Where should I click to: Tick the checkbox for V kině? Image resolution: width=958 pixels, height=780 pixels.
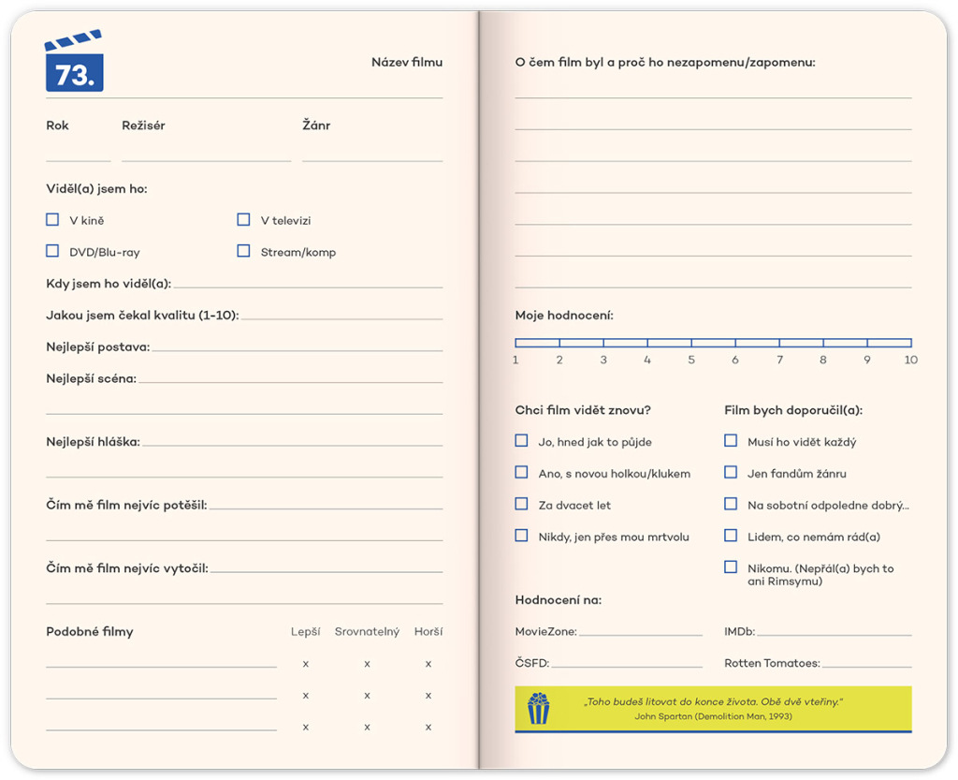coord(52,220)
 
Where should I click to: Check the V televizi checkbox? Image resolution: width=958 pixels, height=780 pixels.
coord(243,220)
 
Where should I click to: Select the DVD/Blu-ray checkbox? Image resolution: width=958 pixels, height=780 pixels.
coord(52,251)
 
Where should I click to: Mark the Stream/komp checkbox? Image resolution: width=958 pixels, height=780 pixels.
coord(243,251)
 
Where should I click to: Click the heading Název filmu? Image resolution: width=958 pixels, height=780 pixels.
coord(406,63)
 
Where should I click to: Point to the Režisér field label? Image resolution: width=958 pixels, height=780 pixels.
coord(143,125)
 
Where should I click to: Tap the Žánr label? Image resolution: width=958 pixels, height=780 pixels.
coord(316,125)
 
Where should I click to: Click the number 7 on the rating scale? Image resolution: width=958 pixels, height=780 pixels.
coord(779,360)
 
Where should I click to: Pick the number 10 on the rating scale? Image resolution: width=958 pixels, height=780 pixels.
coord(910,360)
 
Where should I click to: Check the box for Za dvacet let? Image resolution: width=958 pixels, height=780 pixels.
coord(521,505)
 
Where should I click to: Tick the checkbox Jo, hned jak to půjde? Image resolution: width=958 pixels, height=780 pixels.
coord(521,441)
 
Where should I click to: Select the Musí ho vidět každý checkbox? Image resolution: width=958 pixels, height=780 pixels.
coord(731,441)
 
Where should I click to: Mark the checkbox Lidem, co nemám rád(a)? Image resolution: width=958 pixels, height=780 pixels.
coord(731,537)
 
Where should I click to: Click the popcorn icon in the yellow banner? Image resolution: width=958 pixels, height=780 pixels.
coord(538,708)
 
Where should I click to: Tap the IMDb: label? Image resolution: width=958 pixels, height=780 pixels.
coord(739,632)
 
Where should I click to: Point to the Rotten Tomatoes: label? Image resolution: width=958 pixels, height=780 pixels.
coord(772,664)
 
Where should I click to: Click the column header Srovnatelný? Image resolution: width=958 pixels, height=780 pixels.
coord(367,632)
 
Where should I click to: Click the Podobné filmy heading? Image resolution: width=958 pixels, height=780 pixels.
coord(90,632)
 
